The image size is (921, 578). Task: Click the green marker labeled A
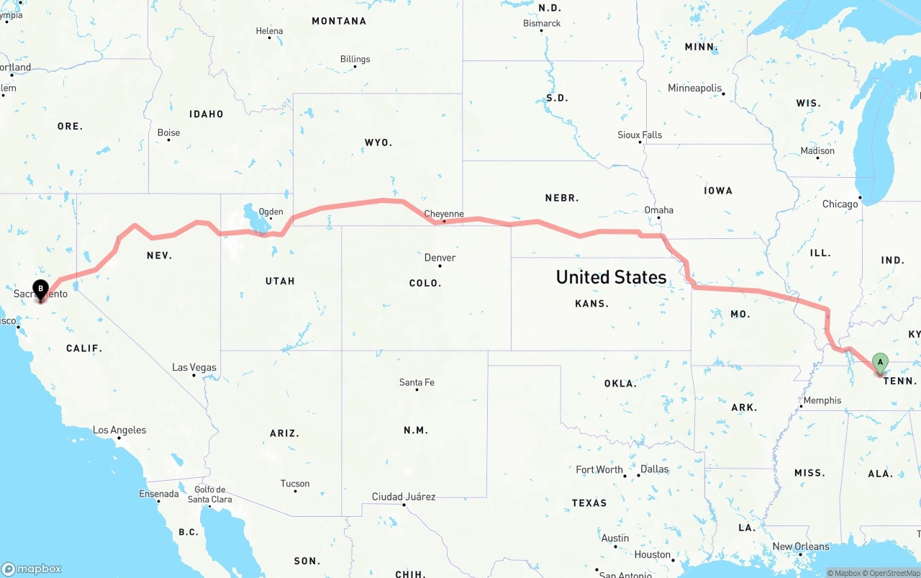[x=879, y=362]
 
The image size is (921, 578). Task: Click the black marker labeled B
[x=41, y=289]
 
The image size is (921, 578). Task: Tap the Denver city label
[x=440, y=258]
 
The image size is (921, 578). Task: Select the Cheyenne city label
[x=444, y=214]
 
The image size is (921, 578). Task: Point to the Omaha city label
[x=658, y=210]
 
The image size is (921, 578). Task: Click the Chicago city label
[x=840, y=204]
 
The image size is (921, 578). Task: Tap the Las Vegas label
[x=194, y=368]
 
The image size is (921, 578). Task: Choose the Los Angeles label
[x=119, y=430]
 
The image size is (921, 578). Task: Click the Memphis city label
[x=822, y=400]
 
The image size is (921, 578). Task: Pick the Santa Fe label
[x=417, y=382]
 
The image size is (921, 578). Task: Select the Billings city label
[x=355, y=59]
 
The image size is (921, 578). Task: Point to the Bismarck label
[x=542, y=24]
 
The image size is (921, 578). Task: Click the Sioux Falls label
[x=640, y=135]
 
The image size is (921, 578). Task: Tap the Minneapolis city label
[x=694, y=88]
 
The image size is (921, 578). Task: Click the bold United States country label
[x=612, y=277]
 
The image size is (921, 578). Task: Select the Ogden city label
[x=271, y=212]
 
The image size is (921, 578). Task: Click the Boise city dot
[x=168, y=140]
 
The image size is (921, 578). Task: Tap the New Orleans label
[x=802, y=546]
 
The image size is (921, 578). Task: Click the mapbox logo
[x=32, y=569]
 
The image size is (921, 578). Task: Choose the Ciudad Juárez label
[x=403, y=497]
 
